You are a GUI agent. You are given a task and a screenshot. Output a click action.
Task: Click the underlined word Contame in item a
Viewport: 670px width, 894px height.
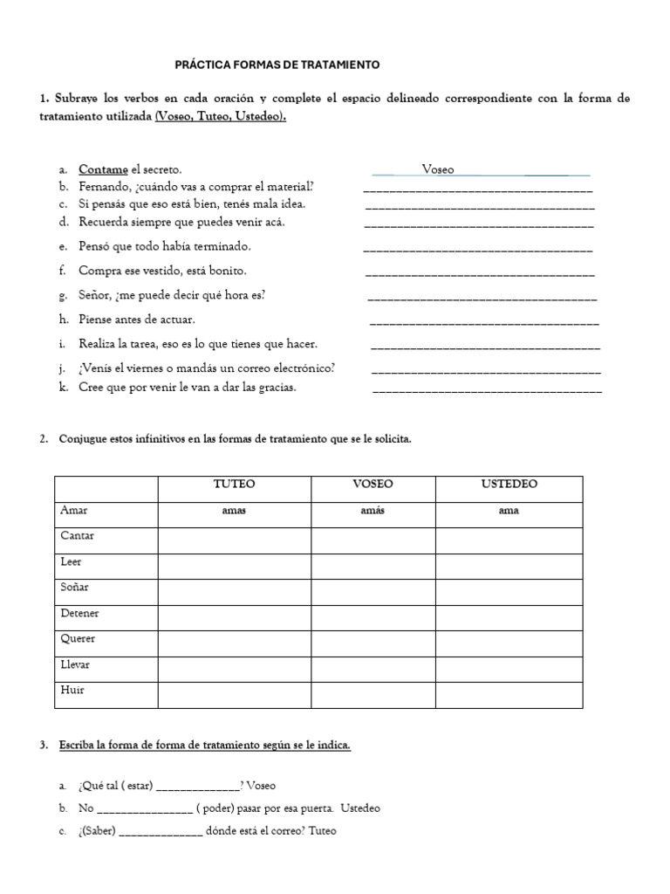[x=103, y=169]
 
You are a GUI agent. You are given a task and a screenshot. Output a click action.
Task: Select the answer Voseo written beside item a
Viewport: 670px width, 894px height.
[x=438, y=170]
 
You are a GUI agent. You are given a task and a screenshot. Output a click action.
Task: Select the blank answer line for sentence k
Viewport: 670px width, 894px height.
[x=487, y=389]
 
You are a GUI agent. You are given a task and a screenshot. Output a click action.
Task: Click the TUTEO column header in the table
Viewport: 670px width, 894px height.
[x=235, y=484]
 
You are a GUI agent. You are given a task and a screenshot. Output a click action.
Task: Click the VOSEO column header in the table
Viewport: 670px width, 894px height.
[x=373, y=484]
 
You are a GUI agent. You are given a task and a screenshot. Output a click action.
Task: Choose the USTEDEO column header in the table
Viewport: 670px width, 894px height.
[x=509, y=484]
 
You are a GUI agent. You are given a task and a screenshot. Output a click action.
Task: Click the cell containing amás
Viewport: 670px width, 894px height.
[x=373, y=511]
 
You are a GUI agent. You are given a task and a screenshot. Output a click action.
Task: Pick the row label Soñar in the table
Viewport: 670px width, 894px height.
[x=74, y=588]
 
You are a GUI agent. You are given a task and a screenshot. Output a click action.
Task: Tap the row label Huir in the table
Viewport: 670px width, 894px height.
[x=72, y=690]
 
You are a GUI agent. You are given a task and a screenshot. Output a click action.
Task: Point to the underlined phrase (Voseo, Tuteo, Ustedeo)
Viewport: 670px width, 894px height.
[x=220, y=116]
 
